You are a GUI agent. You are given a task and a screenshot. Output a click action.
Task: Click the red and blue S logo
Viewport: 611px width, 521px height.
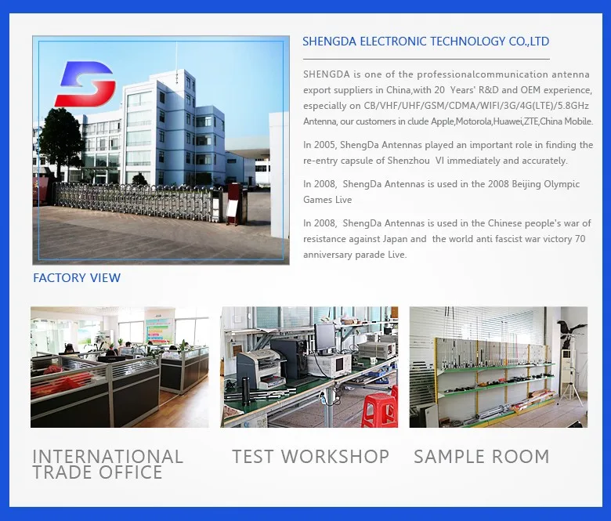pyautogui.click(x=85, y=84)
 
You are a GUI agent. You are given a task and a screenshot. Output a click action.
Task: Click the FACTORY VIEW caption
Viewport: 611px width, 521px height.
pyautogui.click(x=77, y=278)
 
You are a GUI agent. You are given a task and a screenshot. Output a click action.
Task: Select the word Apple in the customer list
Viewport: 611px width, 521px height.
pyautogui.click(x=443, y=121)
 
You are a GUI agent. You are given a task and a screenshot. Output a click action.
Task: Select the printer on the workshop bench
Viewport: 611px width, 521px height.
pyautogui.click(x=259, y=366)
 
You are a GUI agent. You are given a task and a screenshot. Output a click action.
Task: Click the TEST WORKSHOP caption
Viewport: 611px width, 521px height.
pyautogui.click(x=310, y=457)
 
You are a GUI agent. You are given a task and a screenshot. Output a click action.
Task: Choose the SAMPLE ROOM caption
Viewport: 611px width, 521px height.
pyautogui.click(x=481, y=457)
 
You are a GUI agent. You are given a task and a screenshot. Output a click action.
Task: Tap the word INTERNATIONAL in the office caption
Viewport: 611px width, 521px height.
pyautogui.click(x=107, y=456)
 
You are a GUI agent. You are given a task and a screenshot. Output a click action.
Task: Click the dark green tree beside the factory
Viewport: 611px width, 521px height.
pyautogui.click(x=62, y=140)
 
